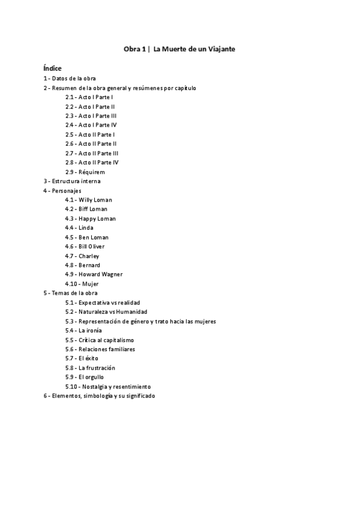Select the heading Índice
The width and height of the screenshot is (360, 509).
click(52, 68)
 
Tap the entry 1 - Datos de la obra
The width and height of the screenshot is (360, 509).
click(70, 79)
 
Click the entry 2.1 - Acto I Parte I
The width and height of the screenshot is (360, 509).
click(89, 97)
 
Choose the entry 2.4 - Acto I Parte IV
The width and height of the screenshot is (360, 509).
click(91, 125)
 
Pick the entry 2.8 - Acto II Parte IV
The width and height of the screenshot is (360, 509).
click(92, 162)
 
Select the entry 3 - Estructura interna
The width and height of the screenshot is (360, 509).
click(72, 181)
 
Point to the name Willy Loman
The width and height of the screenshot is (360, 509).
click(95, 199)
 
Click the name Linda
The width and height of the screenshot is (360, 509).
click(86, 227)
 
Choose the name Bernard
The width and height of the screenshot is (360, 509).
click(89, 265)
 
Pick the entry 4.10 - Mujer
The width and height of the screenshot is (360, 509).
click(82, 283)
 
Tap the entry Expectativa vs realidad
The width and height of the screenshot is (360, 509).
click(113, 303)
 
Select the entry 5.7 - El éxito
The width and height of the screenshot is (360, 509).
click(83, 358)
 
